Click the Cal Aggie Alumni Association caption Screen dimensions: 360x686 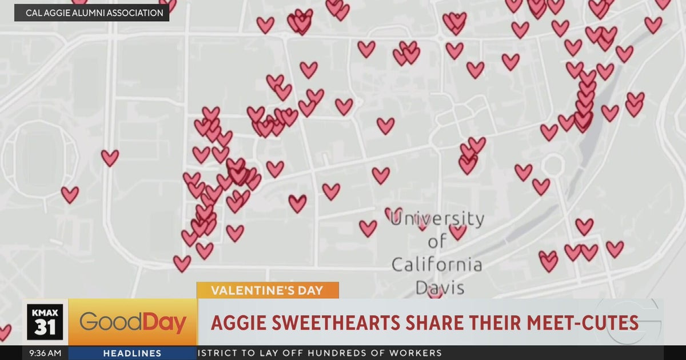coord(91,13)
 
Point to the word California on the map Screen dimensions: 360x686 coord(437,265)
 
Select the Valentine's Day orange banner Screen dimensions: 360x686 coord(268,290)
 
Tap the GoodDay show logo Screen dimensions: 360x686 coord(133,323)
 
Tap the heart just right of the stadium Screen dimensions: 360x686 coord(110,157)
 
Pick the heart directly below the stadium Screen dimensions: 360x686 coord(70,194)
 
